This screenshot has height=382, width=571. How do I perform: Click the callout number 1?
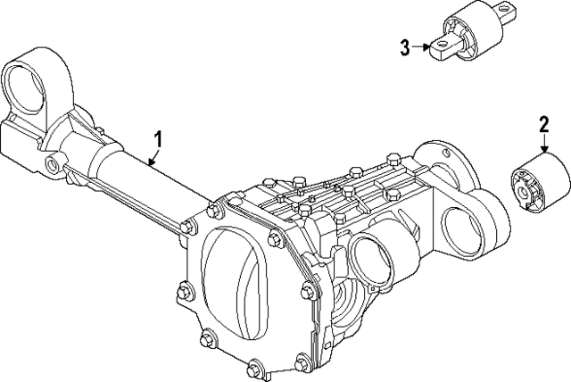coord(159,138)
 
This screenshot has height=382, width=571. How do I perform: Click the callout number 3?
coord(404,46)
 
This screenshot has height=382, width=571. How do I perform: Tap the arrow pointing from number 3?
coord(420,46)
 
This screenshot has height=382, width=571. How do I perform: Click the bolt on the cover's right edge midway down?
coord(308,288)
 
